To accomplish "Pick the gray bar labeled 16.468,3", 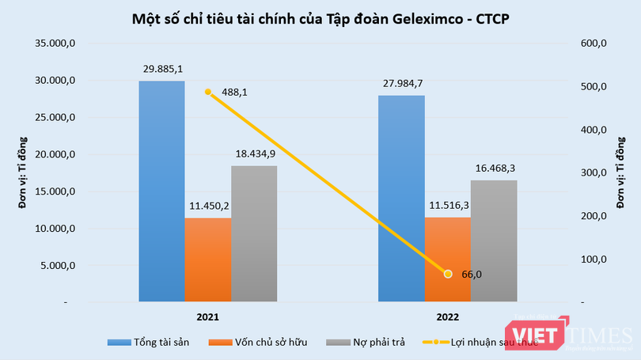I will click(x=494, y=241).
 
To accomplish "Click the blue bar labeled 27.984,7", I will click(x=401, y=199).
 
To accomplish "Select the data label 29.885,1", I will click(x=162, y=69).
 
